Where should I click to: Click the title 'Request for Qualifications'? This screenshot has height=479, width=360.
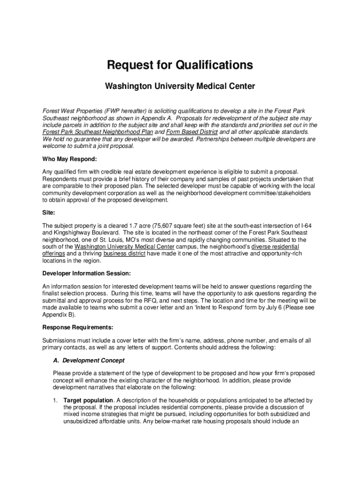click(180, 65)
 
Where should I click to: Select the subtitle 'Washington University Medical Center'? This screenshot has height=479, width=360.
click(180, 87)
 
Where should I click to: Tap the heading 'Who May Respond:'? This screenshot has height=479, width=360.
click(70, 159)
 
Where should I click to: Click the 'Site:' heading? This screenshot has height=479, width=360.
click(49, 212)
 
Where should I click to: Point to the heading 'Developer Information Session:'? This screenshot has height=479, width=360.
click(86, 273)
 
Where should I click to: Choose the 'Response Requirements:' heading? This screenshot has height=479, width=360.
click(78, 327)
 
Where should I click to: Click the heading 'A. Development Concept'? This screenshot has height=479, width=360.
click(89, 361)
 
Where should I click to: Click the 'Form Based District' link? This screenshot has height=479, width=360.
click(192, 132)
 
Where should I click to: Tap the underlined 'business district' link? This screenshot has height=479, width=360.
click(124, 254)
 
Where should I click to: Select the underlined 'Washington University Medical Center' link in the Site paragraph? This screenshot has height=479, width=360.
click(124, 247)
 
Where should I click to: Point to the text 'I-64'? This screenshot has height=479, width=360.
click(306, 226)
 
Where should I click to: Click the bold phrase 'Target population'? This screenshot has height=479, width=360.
click(88, 400)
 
